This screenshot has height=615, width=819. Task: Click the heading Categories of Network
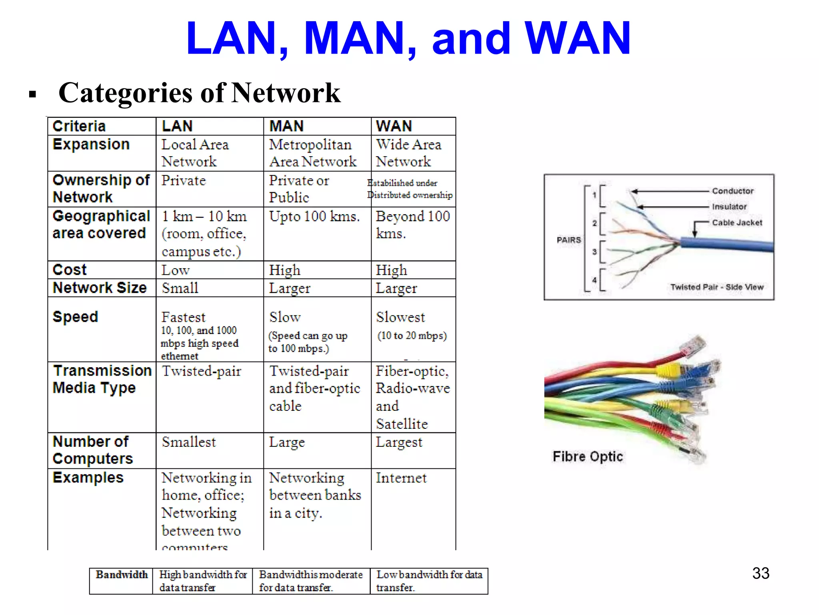(199, 93)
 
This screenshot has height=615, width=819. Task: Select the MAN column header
(286, 126)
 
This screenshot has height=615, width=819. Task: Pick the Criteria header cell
(79, 126)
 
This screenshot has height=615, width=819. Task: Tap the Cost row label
(70, 270)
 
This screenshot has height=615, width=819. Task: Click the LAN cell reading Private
(184, 181)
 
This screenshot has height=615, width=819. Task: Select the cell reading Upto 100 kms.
(314, 217)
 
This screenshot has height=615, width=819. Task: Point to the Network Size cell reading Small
(180, 288)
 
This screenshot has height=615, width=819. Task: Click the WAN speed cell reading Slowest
(400, 317)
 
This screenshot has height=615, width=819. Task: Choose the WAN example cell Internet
(401, 478)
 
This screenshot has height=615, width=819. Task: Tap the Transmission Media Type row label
(102, 379)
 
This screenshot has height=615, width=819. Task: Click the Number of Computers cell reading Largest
(399, 442)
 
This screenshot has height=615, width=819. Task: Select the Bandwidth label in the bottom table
(122, 575)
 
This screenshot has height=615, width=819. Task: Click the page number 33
(761, 573)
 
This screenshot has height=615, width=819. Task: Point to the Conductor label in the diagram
(733, 191)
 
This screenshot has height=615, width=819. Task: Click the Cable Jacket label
(737, 223)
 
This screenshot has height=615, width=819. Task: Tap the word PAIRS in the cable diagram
(569, 240)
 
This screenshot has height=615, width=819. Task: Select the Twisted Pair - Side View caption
(717, 287)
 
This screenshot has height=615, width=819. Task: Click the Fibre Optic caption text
(587, 456)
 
